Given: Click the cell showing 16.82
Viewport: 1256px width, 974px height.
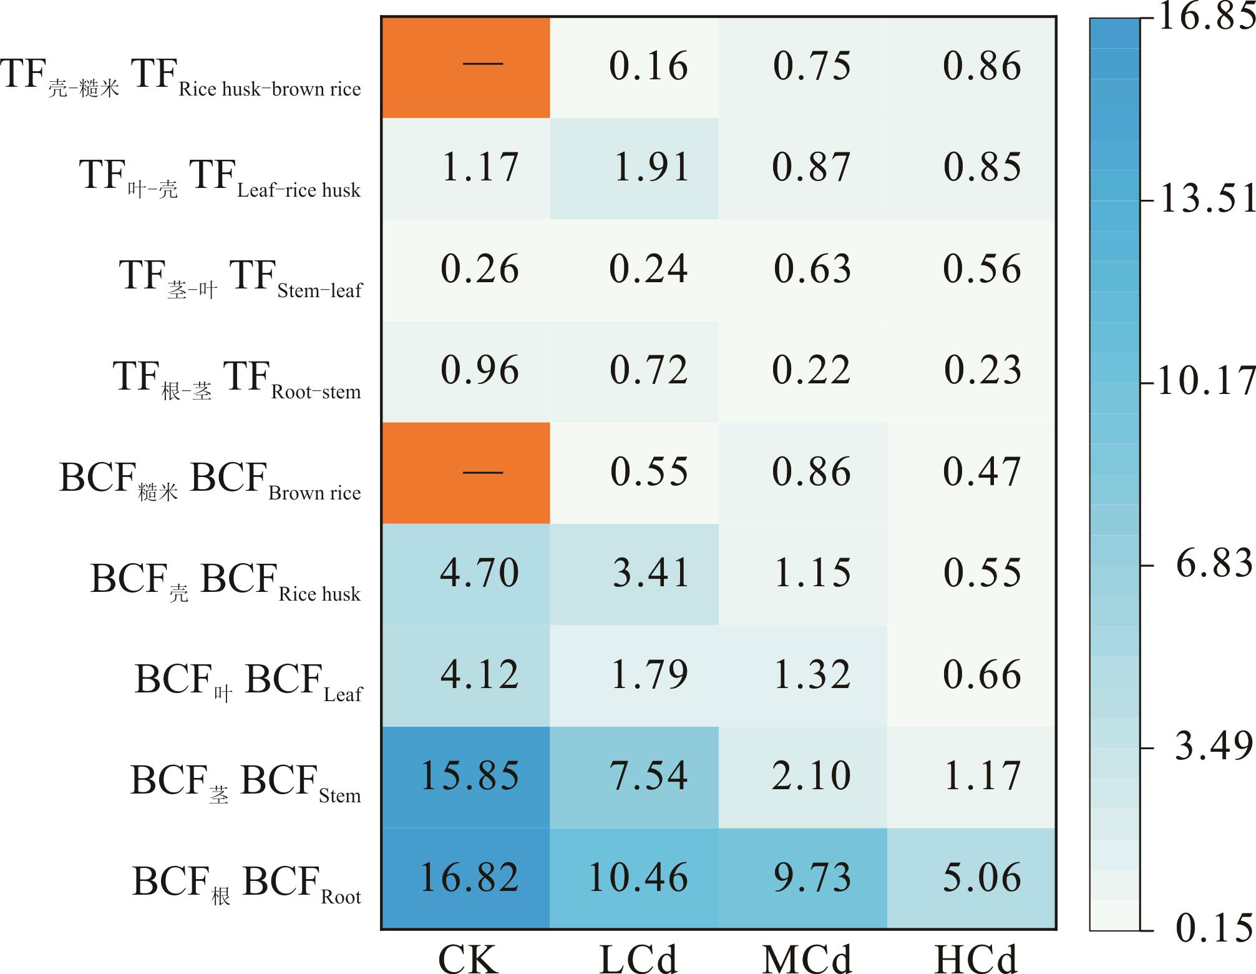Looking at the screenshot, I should [x=469, y=877].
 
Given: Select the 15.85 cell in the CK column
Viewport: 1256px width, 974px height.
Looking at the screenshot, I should [x=469, y=776].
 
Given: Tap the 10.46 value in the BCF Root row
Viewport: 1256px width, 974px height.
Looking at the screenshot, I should [x=638, y=877].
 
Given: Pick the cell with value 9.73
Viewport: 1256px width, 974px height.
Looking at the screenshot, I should [x=812, y=877].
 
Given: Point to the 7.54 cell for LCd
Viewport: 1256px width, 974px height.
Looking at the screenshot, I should [x=649, y=776].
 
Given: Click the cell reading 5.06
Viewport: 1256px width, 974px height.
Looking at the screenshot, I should [x=981, y=877].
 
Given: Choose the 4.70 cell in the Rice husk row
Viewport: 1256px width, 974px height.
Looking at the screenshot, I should [x=479, y=573].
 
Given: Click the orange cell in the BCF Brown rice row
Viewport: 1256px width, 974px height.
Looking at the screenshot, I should [x=465, y=473].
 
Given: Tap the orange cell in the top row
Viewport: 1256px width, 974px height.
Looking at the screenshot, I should [x=465, y=67].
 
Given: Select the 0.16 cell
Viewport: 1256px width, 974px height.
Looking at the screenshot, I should [x=648, y=66].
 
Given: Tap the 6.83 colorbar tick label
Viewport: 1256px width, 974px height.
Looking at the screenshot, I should [x=1214, y=564].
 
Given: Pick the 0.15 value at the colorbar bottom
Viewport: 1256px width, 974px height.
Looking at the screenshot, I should [x=1214, y=928].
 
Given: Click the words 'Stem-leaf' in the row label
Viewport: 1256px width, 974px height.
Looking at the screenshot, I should [x=319, y=291].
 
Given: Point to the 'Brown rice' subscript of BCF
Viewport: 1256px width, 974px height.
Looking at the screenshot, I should [x=314, y=493].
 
